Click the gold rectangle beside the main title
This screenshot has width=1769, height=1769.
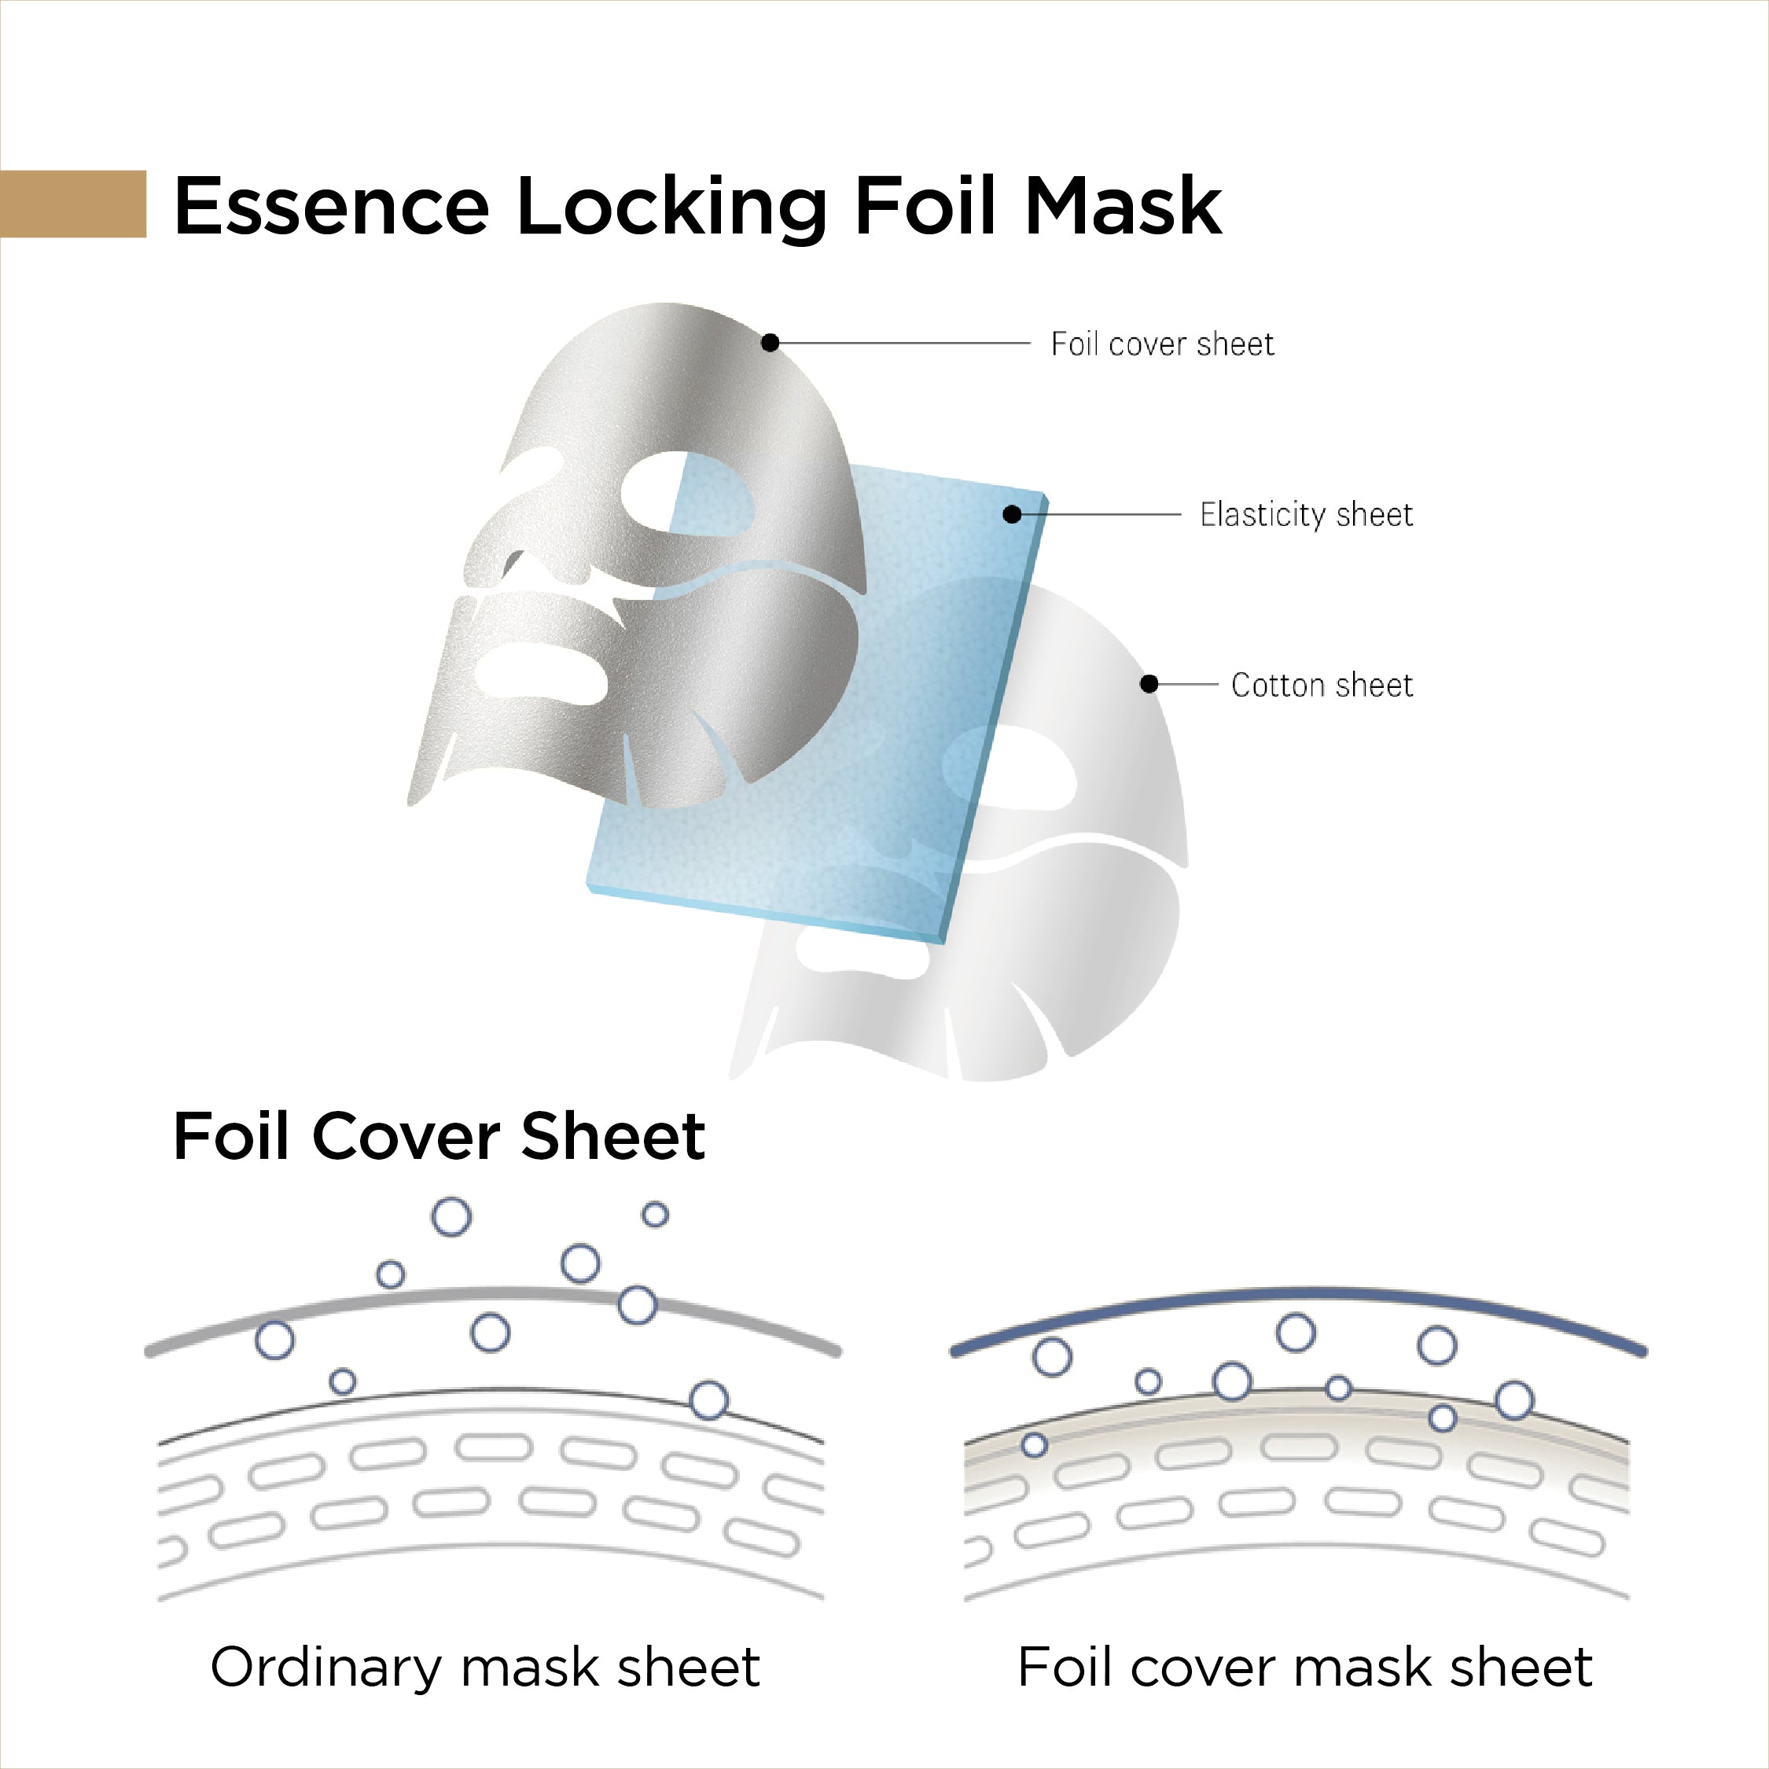click(x=72, y=204)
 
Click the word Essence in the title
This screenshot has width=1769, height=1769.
click(x=330, y=207)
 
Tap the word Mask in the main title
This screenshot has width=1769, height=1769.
click(x=1123, y=207)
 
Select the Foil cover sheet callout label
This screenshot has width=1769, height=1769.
click(x=1161, y=344)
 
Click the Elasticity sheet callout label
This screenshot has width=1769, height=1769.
click(x=1306, y=515)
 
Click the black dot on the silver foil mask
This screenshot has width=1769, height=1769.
click(x=770, y=343)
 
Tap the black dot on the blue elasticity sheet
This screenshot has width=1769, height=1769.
click(x=1012, y=515)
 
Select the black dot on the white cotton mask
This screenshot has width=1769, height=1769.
click(x=1149, y=684)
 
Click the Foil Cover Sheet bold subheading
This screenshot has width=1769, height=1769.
click(x=438, y=1136)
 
